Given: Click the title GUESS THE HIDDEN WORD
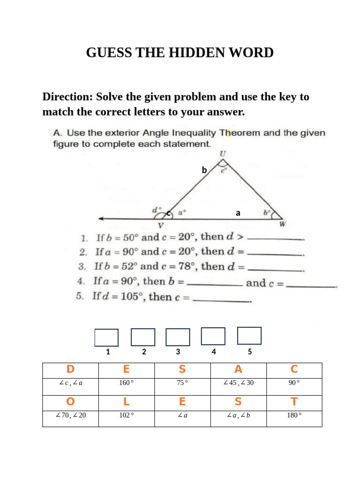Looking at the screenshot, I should (180, 53).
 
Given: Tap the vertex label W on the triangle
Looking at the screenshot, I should (282, 225).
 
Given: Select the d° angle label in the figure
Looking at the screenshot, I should (156, 210).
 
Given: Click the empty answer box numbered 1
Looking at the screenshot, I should (106, 337).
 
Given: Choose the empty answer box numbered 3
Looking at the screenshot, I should (178, 337).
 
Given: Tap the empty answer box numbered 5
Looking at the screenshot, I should (249, 336).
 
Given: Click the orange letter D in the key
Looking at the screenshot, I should (70, 370).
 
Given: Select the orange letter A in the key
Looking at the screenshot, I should (238, 370).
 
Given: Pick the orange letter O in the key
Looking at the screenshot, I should (70, 402).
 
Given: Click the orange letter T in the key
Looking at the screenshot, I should (294, 402).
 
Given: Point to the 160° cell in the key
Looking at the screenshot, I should (127, 383).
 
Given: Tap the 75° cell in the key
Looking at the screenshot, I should (182, 383).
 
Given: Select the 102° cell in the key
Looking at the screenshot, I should (127, 415).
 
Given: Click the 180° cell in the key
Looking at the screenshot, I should (294, 415).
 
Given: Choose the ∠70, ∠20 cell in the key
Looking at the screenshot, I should (70, 415).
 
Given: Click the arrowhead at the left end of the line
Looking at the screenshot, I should (100, 218).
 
